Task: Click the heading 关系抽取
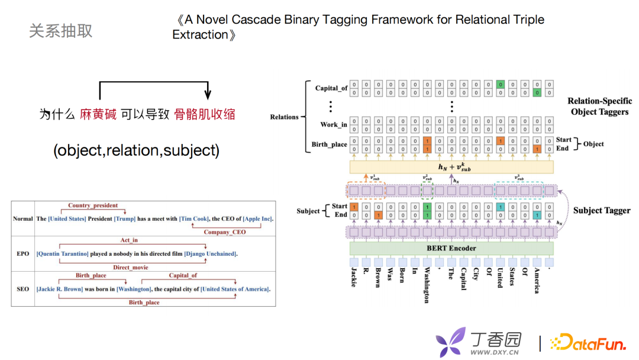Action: [61, 31]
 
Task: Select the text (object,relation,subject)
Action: [136, 150]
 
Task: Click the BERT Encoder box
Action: [451, 248]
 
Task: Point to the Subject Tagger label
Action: [602, 210]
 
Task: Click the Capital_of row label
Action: [331, 88]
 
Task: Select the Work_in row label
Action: [334, 124]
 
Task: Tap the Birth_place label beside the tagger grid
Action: [330, 144]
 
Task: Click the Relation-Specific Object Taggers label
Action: [599, 106]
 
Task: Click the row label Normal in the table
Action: [23, 218]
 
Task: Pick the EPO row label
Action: [23, 254]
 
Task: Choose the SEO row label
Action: [23, 290]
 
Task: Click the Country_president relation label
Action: [93, 205]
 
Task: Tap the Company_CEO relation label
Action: [225, 232]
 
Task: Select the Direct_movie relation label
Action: [131, 268]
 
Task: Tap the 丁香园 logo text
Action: [496, 339]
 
